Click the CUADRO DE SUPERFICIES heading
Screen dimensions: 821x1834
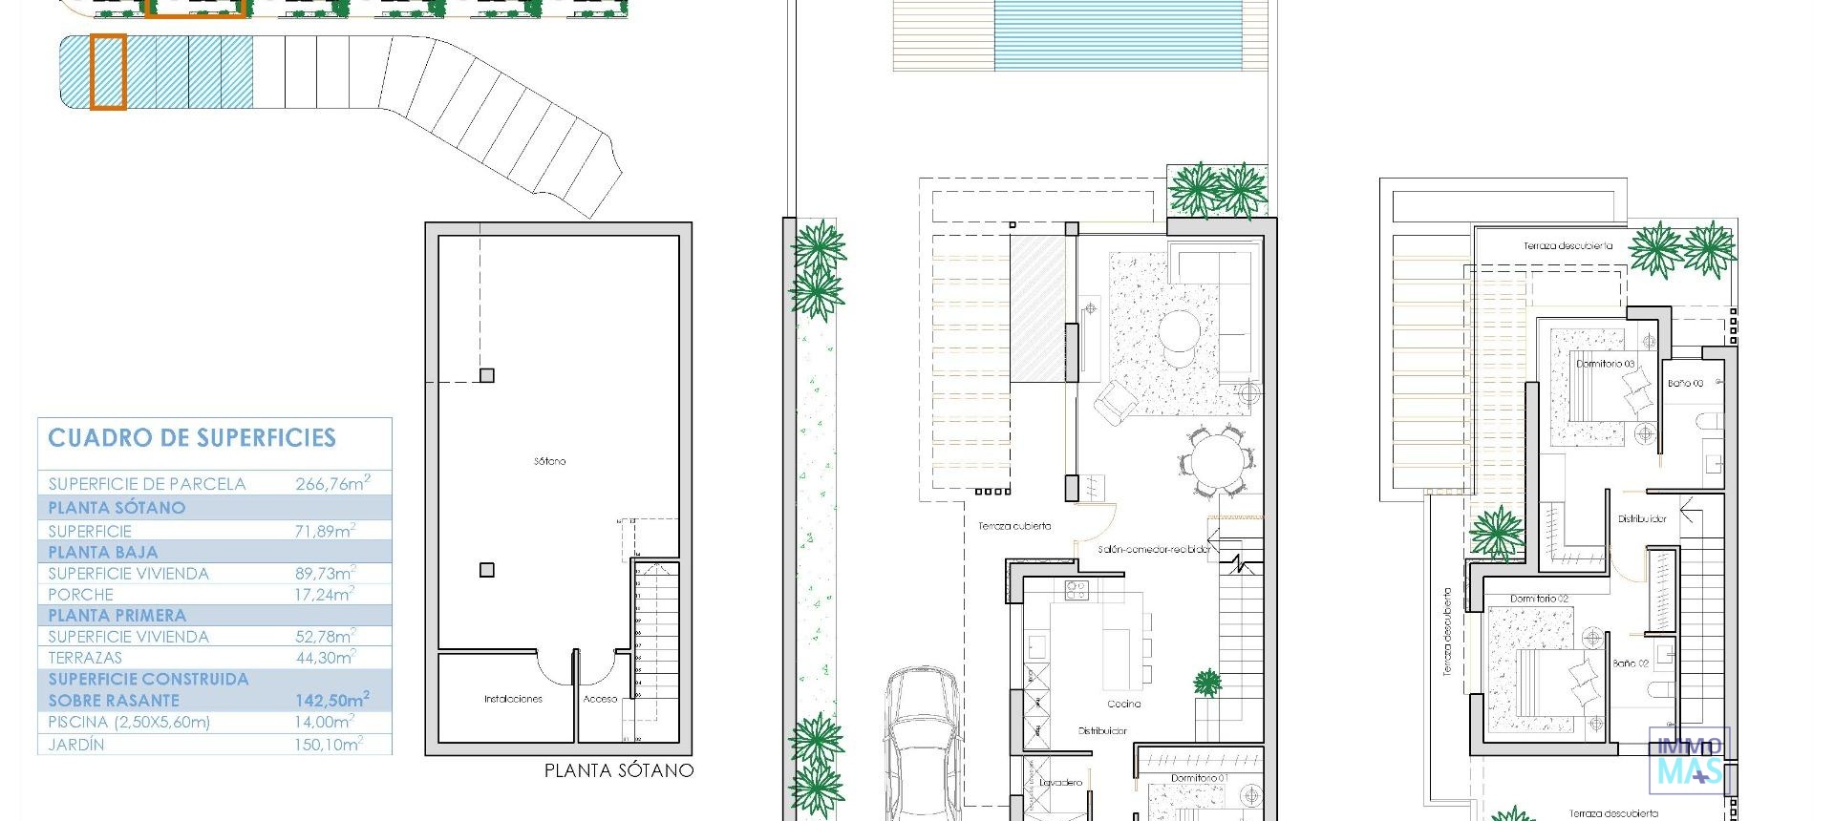(192, 438)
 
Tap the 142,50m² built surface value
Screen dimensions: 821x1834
(332, 700)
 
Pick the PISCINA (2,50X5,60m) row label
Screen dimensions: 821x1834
(129, 723)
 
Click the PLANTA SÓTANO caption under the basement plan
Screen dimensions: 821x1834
(618, 770)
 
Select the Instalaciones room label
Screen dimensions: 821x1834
(513, 699)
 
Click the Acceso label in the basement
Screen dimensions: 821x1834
(601, 699)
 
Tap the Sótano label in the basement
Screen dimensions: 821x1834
(549, 461)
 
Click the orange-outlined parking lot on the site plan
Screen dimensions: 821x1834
(108, 72)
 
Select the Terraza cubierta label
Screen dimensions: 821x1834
(1014, 526)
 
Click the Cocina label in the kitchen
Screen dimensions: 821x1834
(1124, 704)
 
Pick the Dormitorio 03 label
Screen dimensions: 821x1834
(1605, 364)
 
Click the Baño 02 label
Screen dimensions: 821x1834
(1631, 663)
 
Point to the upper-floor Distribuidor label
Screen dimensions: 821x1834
(1642, 519)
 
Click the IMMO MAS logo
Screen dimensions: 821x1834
(1689, 759)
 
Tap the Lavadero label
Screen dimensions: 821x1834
(1061, 783)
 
